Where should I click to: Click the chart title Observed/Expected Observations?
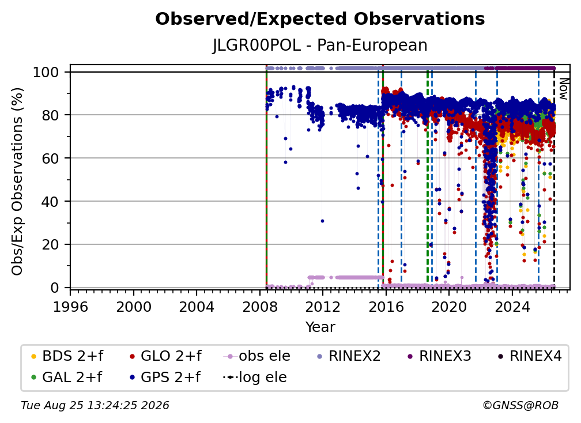pos(320,19)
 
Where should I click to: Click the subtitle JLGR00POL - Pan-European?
pos(320,45)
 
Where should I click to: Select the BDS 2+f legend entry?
pos(67,356)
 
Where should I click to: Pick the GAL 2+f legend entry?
pos(67,377)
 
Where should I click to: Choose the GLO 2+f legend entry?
pos(165,356)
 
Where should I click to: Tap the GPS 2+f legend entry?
pos(165,377)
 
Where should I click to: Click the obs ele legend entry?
pos(257,356)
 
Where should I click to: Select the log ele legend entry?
pos(255,377)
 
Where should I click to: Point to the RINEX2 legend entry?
pos(349,356)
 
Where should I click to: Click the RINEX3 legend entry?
pos(439,356)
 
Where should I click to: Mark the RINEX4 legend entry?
pos(530,356)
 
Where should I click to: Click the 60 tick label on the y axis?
pos(50,158)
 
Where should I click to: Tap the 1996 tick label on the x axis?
pos(70,307)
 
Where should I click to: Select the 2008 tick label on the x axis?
pos(260,307)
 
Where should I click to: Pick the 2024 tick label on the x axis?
pos(512,307)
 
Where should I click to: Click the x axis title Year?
pos(320,327)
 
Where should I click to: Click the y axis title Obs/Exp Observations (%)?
pos(17,182)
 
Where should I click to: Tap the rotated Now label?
pos(563,89)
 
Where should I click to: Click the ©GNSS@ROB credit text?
pos(520,406)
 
